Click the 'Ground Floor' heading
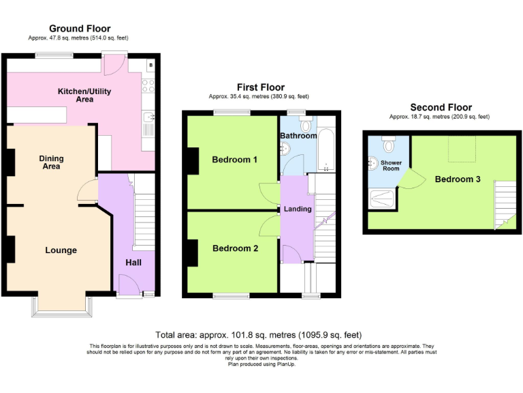[80, 28]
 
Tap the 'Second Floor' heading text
[440, 107]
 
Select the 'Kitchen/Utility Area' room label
[84, 96]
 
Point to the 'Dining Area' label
[51, 162]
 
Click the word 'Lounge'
[61, 250]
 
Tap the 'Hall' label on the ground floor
[133, 263]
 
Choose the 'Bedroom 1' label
[234, 160]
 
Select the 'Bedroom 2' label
[235, 248]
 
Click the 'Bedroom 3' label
[458, 179]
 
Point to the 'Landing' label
[298, 209]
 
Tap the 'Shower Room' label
[391, 166]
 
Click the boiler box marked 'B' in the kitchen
[150, 66]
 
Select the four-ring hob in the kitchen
[147, 86]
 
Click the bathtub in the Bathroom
[327, 147]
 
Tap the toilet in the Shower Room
[389, 145]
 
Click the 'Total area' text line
[260, 335]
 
